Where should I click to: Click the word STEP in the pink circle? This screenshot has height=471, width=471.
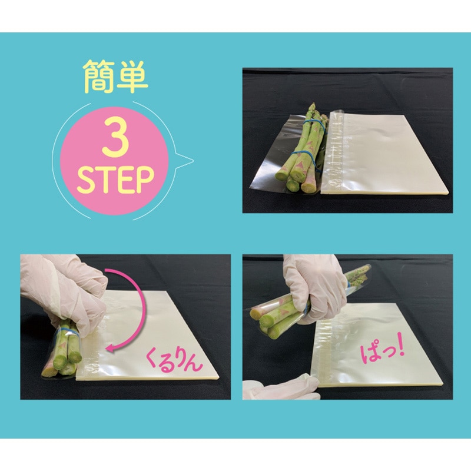tap(116, 180)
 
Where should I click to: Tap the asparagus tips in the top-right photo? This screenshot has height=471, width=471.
tap(313, 109)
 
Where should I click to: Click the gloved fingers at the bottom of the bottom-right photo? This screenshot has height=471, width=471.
tap(277, 389)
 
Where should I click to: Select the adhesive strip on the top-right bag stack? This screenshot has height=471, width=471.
tap(337, 153)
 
